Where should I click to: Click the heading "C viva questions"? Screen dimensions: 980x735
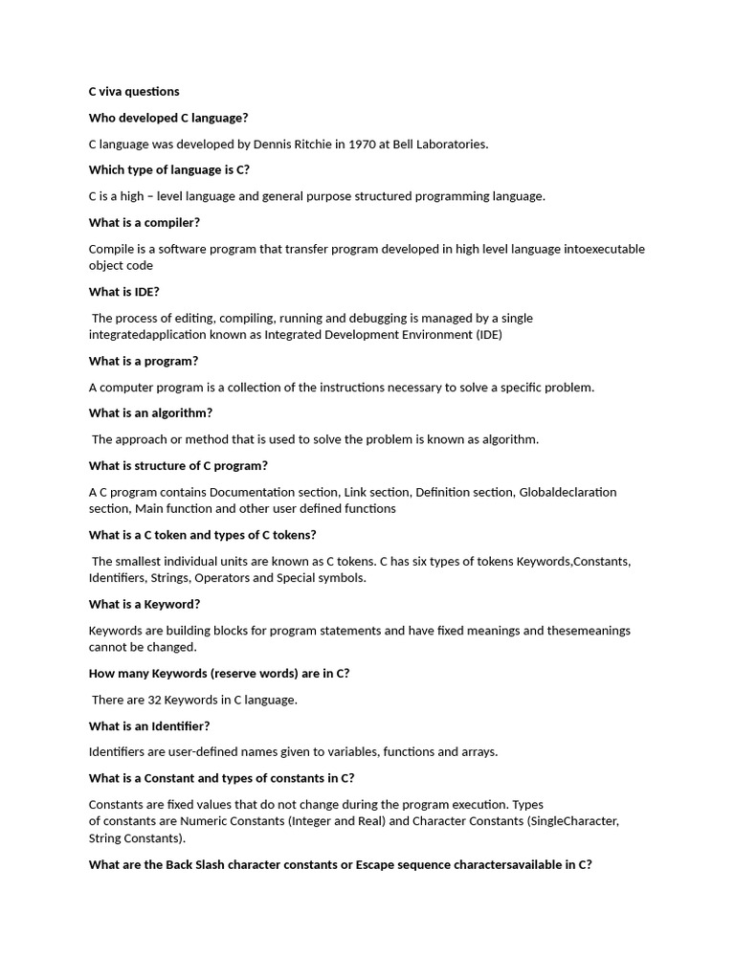click(134, 92)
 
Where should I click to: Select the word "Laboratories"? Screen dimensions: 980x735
click(448, 145)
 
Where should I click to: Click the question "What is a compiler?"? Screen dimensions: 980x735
click(145, 223)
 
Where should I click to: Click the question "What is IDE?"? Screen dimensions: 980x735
click(124, 292)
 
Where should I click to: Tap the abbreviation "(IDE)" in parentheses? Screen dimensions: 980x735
click(489, 335)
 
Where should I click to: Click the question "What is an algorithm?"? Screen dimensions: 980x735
click(151, 413)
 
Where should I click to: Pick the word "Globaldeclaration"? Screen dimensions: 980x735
click(568, 492)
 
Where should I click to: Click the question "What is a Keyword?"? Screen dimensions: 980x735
click(145, 605)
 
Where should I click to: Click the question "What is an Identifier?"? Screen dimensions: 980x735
click(149, 726)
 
